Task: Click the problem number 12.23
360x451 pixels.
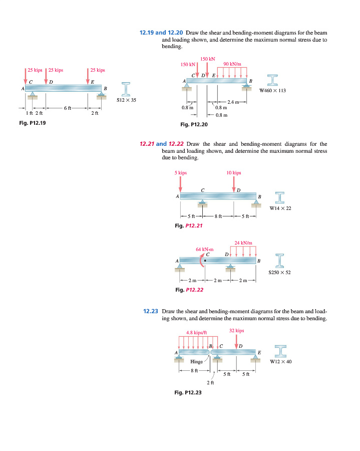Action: pyautogui.click(x=151, y=311)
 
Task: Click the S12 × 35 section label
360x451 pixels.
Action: pyautogui.click(x=127, y=100)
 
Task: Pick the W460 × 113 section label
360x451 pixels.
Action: pyautogui.click(x=273, y=91)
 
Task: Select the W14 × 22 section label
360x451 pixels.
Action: pyautogui.click(x=280, y=208)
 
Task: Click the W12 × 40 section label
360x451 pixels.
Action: pyautogui.click(x=281, y=361)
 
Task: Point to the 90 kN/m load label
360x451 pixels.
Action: pyautogui.click(x=232, y=64)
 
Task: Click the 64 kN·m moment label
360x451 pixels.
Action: pyautogui.click(x=204, y=249)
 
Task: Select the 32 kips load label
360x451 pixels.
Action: pyautogui.click(x=236, y=331)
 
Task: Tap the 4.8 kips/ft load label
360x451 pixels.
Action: pyautogui.click(x=196, y=332)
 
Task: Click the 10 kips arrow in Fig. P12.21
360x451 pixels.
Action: pyautogui.click(x=233, y=183)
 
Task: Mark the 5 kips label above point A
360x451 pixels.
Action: pyautogui.click(x=180, y=173)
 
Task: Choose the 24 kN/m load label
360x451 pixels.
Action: pyautogui.click(x=243, y=243)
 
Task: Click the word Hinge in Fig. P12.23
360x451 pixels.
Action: pyautogui.click(x=197, y=361)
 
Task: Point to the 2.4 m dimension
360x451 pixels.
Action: pyautogui.click(x=234, y=102)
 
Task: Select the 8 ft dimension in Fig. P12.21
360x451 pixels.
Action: pyautogui.click(x=218, y=216)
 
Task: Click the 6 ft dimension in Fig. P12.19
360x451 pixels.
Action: pyautogui.click(x=68, y=108)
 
